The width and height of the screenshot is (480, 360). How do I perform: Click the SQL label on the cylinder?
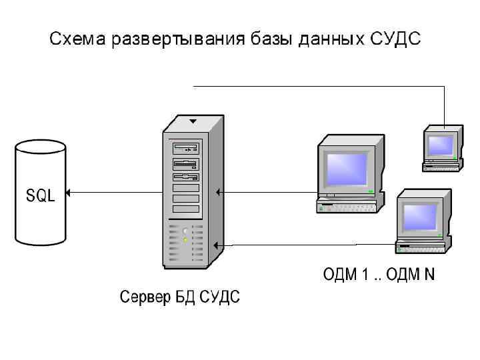41,195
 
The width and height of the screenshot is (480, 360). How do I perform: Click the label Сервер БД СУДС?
179,296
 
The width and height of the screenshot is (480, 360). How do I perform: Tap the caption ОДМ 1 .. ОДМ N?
379,275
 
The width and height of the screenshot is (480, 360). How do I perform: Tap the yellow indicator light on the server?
185,239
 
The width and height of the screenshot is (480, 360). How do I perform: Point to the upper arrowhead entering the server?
218,193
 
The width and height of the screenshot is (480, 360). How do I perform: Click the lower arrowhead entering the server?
218,245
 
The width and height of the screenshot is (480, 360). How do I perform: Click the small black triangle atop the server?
193,122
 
